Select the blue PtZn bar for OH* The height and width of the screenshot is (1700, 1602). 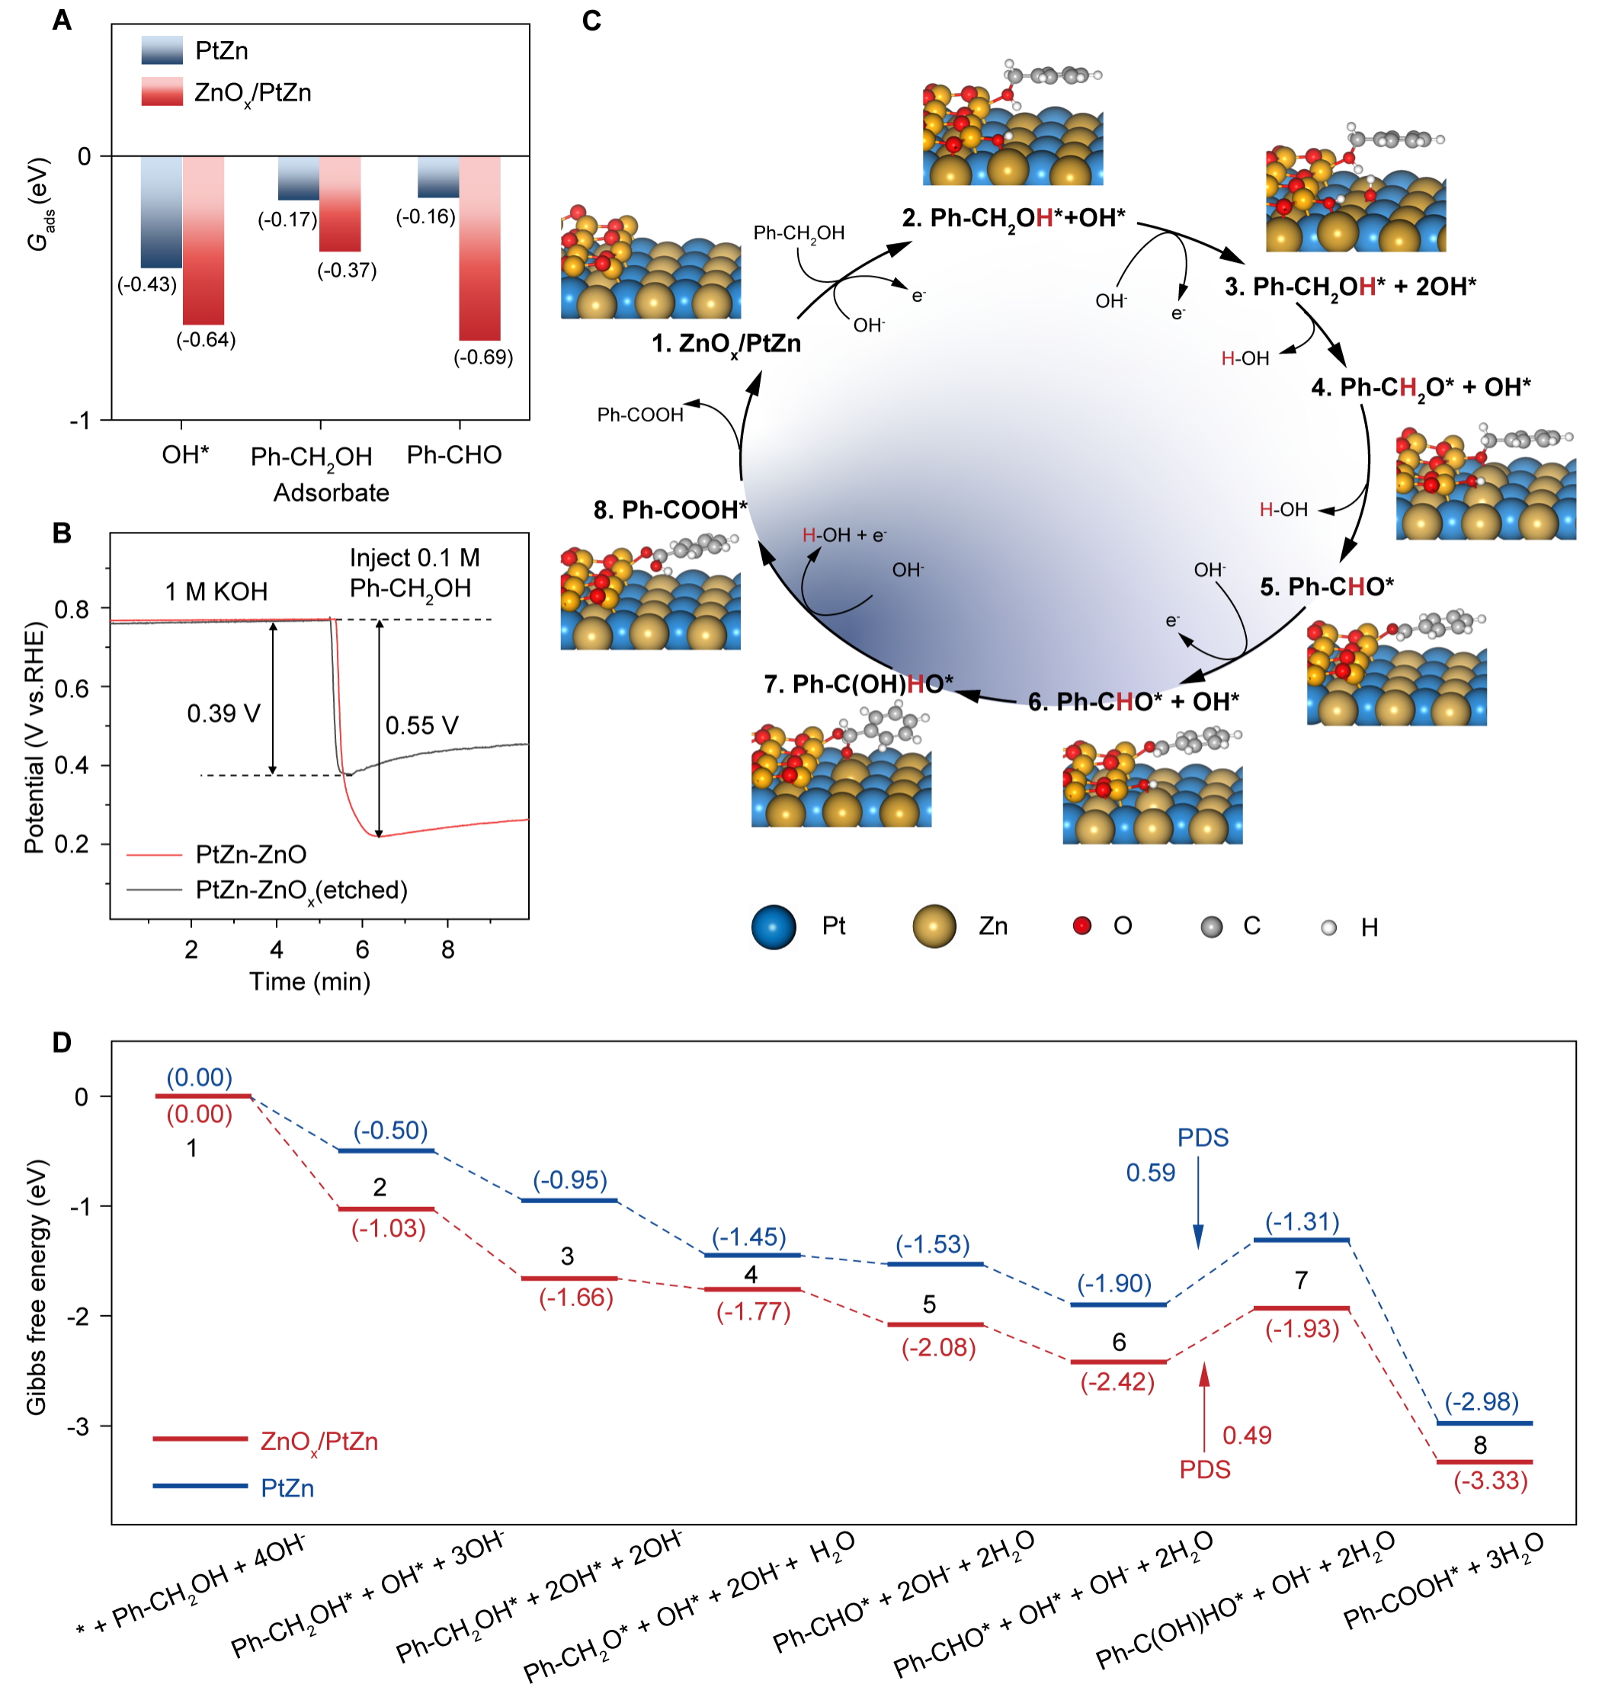click(x=162, y=211)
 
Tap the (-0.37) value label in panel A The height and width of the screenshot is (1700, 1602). click(x=347, y=271)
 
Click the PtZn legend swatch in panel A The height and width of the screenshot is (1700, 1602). click(x=162, y=50)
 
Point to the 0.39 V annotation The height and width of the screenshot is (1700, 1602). click(x=223, y=714)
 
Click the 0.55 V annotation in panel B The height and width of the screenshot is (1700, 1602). click(x=421, y=726)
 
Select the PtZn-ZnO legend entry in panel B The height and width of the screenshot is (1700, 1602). click(x=251, y=854)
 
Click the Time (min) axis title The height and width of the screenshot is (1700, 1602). click(x=309, y=981)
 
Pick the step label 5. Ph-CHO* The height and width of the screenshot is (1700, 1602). click(x=1326, y=587)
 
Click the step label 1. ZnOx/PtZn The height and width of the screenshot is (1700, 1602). click(x=726, y=344)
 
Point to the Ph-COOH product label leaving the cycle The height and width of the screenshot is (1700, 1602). click(x=639, y=415)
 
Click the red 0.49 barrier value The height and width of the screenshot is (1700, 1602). click(x=1246, y=1436)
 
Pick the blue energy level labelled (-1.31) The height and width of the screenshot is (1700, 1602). click(x=1301, y=1240)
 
